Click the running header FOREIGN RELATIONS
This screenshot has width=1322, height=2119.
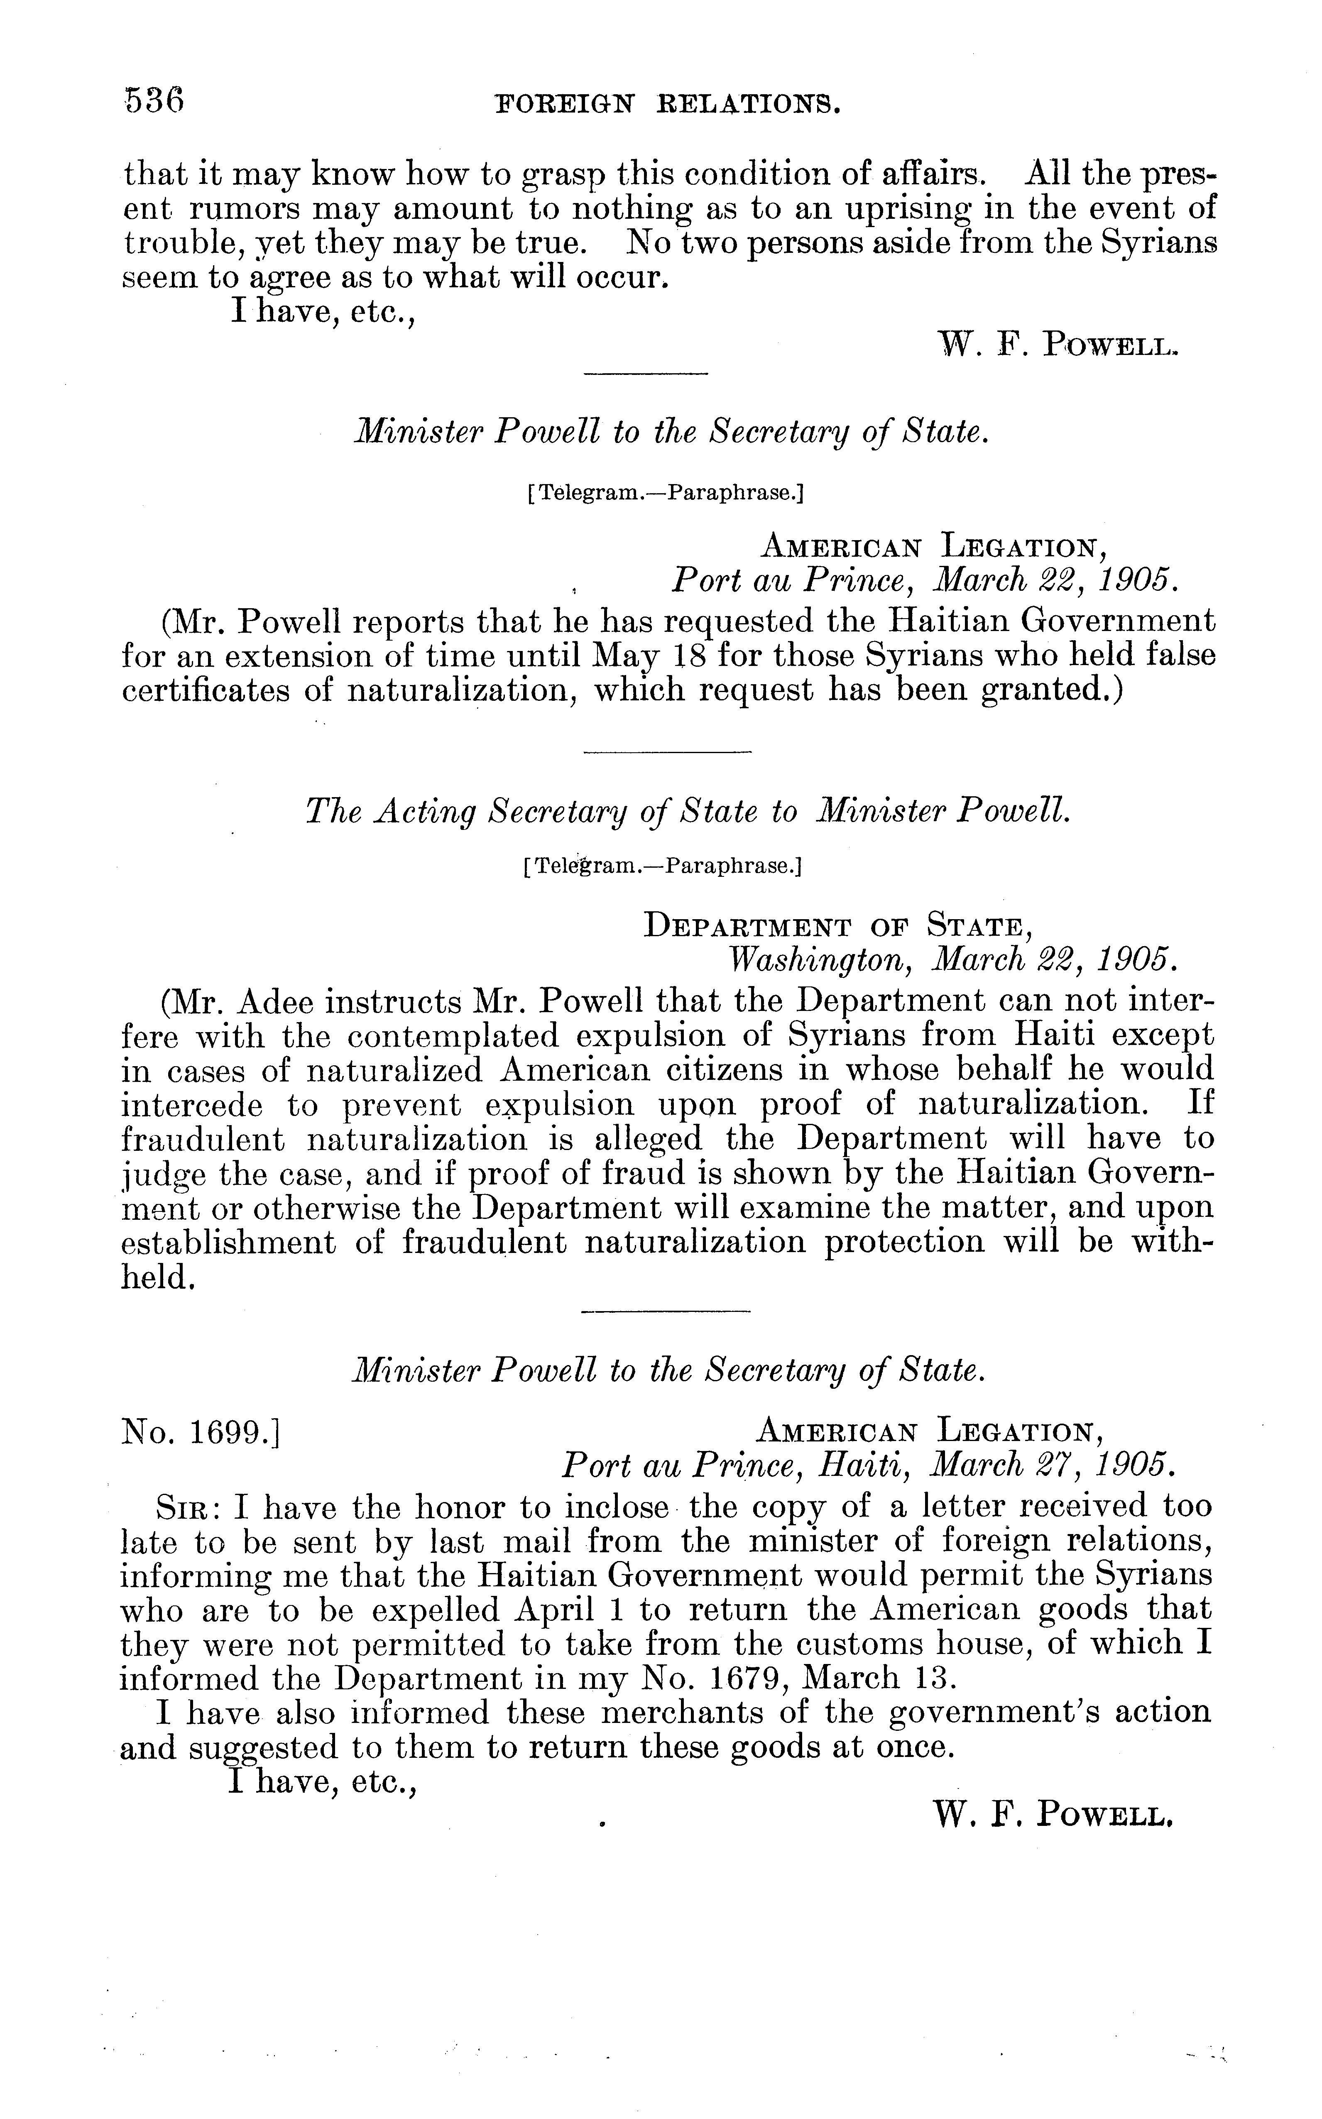point(668,106)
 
